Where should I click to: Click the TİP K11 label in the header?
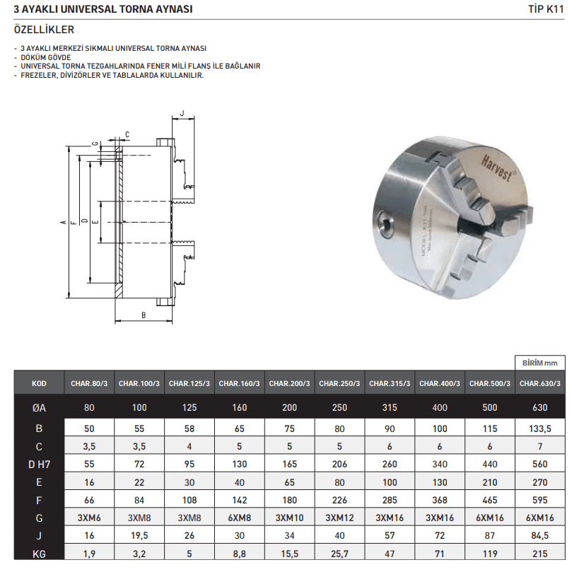pyautogui.click(x=546, y=9)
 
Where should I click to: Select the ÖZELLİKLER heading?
pyautogui.click(x=44, y=30)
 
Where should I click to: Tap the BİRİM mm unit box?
pyautogui.click(x=540, y=363)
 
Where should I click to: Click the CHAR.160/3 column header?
pyautogui.click(x=239, y=383)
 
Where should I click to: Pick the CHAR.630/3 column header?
pyautogui.click(x=540, y=383)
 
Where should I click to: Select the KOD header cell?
pyautogui.click(x=39, y=383)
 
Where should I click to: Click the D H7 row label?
pyautogui.click(x=39, y=465)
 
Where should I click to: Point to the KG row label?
pyautogui.click(x=39, y=554)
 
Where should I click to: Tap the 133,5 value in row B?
pyautogui.click(x=540, y=428)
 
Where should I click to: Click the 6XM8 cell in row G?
pyautogui.click(x=239, y=518)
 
